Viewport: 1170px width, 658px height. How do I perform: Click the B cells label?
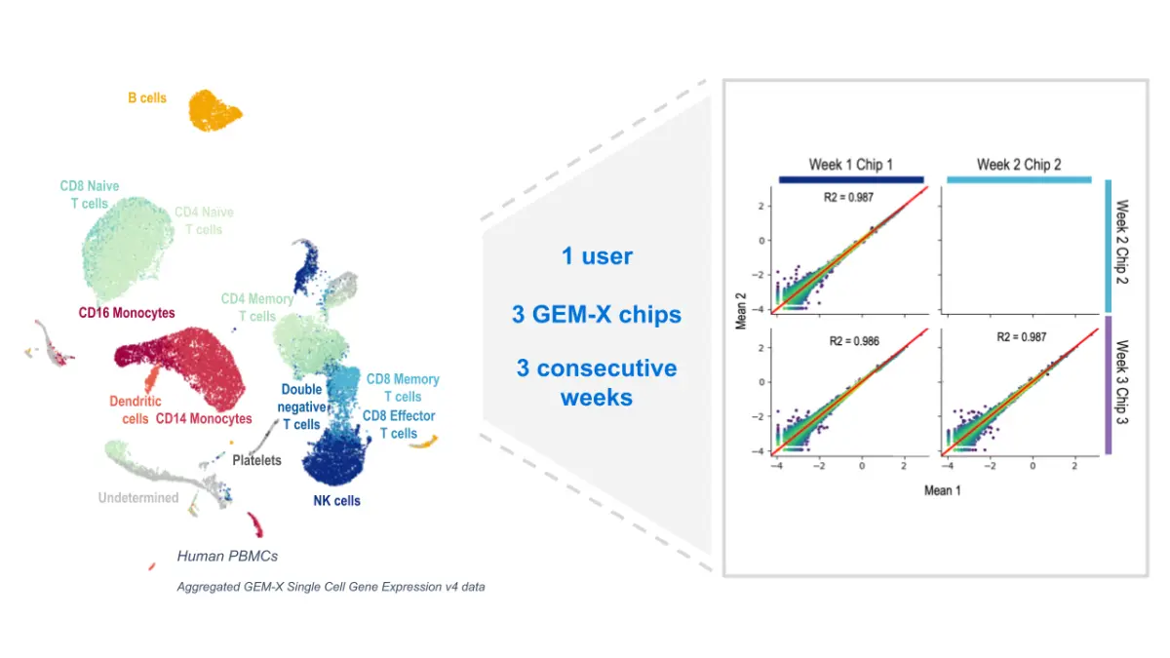[x=147, y=98]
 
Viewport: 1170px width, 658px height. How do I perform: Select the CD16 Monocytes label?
[x=127, y=313]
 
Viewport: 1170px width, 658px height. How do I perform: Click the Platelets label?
[x=257, y=460]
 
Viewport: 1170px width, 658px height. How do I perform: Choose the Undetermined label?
[x=138, y=498]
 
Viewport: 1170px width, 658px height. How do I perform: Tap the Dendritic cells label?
[x=136, y=410]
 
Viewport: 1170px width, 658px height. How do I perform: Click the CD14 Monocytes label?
[x=204, y=419]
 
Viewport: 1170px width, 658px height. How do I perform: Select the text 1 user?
[x=597, y=256]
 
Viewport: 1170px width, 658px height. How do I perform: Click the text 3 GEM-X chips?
[x=597, y=314]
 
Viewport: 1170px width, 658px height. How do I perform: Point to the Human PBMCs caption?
[x=227, y=556]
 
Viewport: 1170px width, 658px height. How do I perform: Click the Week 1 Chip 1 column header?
[x=851, y=164]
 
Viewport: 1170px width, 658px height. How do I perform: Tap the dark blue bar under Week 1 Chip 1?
[x=851, y=179]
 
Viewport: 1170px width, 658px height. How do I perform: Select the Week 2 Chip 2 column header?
[x=1019, y=164]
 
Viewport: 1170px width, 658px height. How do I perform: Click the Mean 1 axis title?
[x=942, y=490]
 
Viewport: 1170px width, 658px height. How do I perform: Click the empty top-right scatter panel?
[x=1019, y=249]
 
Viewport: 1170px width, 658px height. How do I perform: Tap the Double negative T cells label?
[x=301, y=406]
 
